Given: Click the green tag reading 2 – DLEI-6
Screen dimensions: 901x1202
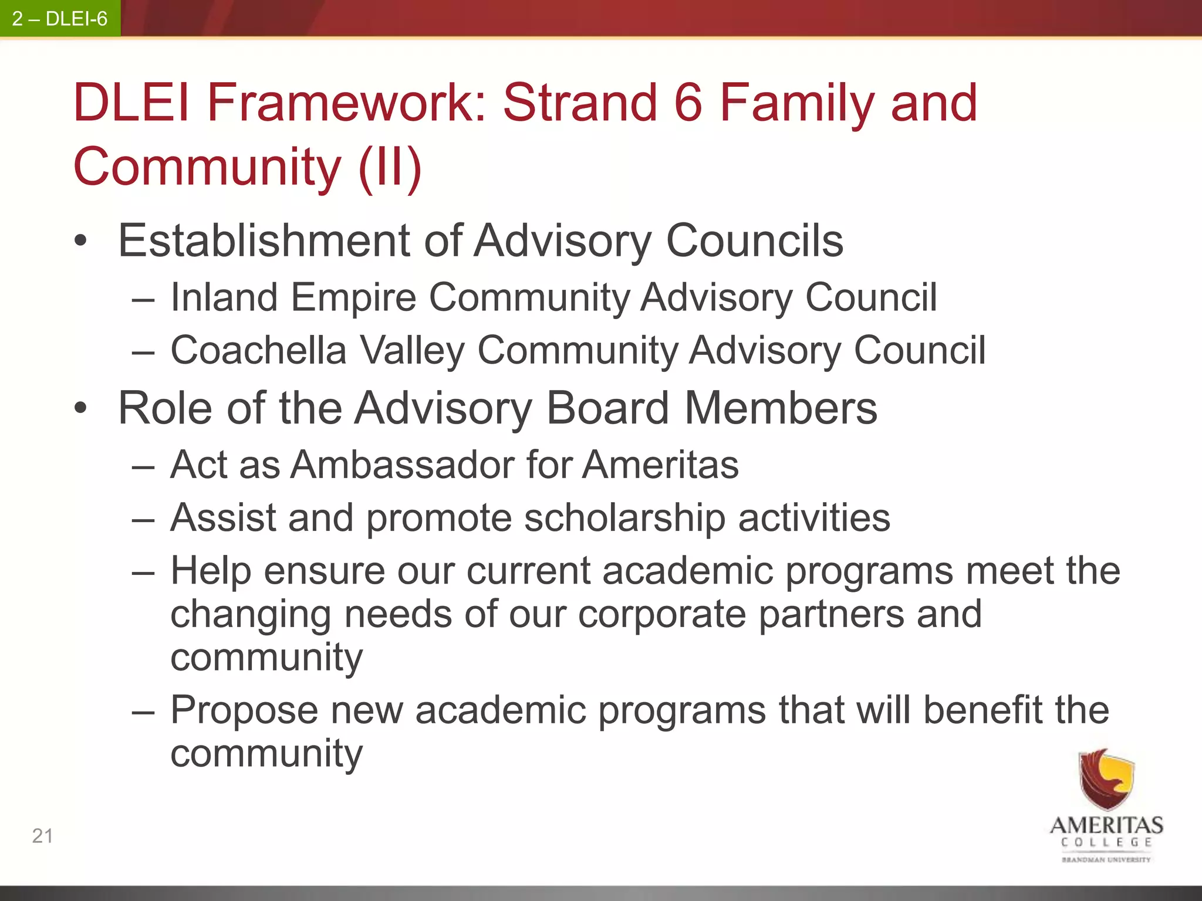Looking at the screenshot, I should pos(60,19).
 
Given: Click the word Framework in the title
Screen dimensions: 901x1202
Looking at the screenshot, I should pos(346,103).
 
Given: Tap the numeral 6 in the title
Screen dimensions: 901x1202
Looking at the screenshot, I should pos(688,103).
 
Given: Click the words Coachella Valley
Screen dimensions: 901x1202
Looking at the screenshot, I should pos(317,351).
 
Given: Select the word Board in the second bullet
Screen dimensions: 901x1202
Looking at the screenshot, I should pos(607,408).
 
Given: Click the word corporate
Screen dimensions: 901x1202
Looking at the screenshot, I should pos(661,614).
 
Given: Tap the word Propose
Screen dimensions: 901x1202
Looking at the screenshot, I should pos(244,711).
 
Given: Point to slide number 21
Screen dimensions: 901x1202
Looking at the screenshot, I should pos(42,836).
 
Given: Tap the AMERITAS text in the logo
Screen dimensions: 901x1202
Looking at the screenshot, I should pos(1106,825).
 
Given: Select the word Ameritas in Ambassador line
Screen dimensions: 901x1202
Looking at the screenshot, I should pos(660,465).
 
